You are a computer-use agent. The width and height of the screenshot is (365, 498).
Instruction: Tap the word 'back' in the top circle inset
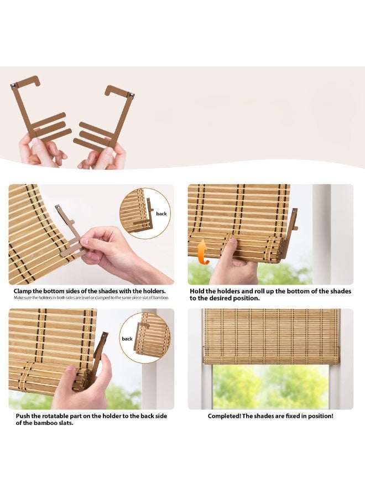pos(161,213)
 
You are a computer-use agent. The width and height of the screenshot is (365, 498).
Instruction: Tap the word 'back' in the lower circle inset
pos(127,339)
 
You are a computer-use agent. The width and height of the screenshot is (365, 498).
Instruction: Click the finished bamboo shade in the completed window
pos(271,336)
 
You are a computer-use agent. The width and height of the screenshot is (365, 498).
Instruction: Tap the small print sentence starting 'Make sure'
pos(91,298)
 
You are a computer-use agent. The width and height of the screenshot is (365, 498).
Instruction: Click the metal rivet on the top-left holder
pos(13,86)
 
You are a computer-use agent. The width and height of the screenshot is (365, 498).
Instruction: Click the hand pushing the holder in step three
pos(83,385)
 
